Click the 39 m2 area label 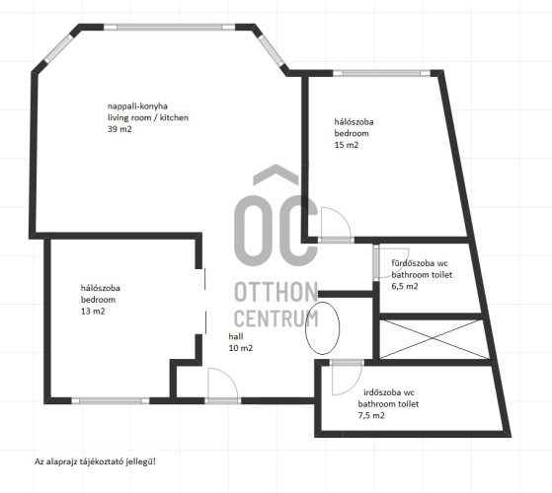[119, 129]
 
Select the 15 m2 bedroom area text [347, 145]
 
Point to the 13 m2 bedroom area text [93, 311]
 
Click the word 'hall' [236, 336]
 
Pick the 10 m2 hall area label [241, 348]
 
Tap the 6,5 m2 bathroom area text [405, 286]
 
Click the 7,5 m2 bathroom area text [371, 415]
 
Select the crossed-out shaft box [434, 339]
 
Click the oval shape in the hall [305, 328]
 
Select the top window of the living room [169, 27]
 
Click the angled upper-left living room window [59, 49]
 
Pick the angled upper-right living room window [272, 50]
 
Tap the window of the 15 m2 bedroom [381, 73]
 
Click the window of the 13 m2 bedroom [111, 400]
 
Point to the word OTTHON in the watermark [276, 292]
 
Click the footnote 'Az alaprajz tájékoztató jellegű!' [95, 461]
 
